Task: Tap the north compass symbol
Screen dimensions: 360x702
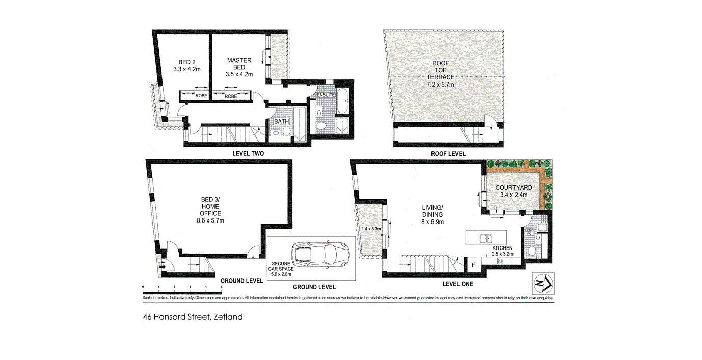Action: point(543,283)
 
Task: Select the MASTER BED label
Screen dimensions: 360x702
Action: point(239,64)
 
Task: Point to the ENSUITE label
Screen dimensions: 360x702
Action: point(326,95)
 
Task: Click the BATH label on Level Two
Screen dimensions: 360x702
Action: point(282,122)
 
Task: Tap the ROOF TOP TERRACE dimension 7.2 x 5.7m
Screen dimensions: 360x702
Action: point(440,84)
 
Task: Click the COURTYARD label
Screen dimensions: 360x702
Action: point(514,188)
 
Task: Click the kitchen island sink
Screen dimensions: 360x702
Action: point(485,237)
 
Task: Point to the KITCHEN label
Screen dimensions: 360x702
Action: point(502,248)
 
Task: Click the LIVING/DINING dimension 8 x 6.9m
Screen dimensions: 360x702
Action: point(432,222)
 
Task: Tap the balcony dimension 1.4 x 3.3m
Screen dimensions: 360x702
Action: point(371,229)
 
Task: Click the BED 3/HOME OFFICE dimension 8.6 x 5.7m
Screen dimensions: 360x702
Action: point(210,220)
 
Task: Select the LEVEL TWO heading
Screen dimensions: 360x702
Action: point(248,153)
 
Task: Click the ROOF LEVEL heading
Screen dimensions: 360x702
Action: point(448,154)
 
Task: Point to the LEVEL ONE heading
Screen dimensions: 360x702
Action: point(457,284)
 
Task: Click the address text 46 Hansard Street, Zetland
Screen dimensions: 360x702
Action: point(193,317)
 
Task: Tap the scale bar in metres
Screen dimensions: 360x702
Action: point(182,293)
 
